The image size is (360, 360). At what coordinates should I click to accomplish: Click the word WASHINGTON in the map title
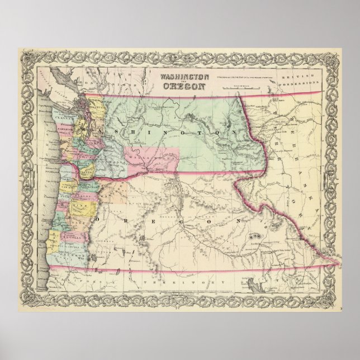[185, 77]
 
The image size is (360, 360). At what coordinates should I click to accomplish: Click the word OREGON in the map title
[184, 86]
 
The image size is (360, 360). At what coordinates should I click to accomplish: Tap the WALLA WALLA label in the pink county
[148, 159]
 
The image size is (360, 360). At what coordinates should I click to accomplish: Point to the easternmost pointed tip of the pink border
[340, 262]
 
